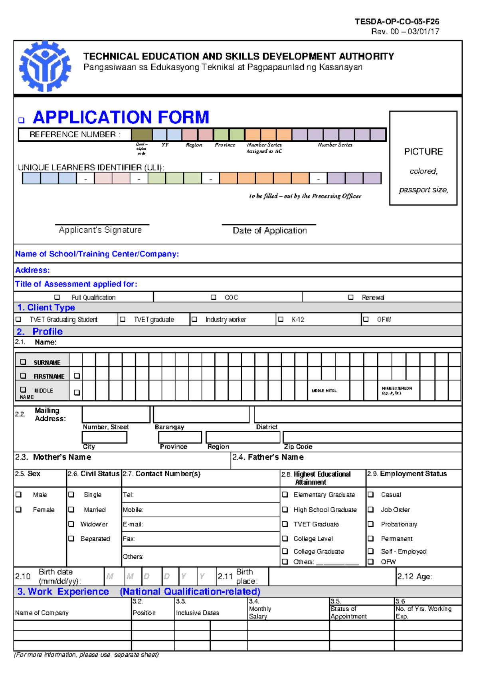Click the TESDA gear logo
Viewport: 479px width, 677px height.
[x=45, y=67]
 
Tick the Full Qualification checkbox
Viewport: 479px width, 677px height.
[x=57, y=297]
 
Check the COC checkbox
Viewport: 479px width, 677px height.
[x=214, y=297]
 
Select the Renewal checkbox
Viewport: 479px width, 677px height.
[x=350, y=297]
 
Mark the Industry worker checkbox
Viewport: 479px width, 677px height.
[x=195, y=319]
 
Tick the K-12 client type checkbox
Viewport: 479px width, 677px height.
[x=281, y=319]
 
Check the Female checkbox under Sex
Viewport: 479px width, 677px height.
[x=19, y=510]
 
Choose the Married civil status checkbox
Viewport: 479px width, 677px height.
[x=71, y=510]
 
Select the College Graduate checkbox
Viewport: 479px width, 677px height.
[x=285, y=551]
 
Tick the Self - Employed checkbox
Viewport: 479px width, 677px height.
[x=371, y=551]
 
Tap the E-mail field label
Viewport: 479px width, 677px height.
[x=133, y=525]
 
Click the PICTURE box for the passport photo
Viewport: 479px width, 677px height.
[x=423, y=158]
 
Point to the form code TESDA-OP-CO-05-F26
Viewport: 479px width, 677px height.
[x=397, y=22]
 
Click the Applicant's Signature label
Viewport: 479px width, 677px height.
[x=100, y=230]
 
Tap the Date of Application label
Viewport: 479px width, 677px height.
[x=270, y=231]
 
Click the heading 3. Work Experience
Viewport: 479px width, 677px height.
[x=63, y=592]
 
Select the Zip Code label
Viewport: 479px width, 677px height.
[x=298, y=447]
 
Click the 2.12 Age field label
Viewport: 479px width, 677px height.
[x=415, y=577]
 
